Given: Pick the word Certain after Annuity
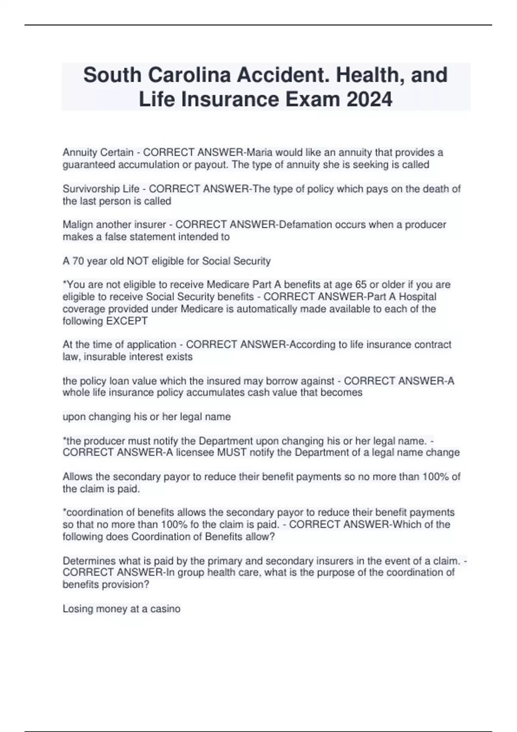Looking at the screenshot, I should (117, 152).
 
